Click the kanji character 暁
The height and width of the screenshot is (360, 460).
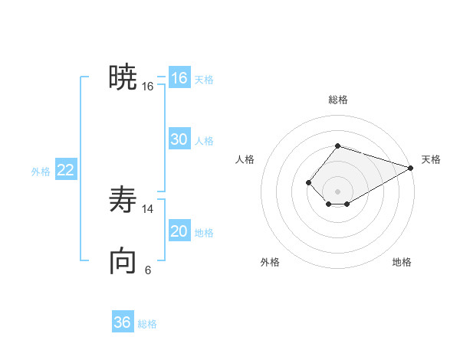pyautogui.click(x=123, y=77)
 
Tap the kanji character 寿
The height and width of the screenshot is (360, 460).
pyautogui.click(x=123, y=200)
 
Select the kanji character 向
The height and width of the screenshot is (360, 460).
pyautogui.click(x=123, y=261)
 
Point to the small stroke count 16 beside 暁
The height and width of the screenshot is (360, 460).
pyautogui.click(x=148, y=87)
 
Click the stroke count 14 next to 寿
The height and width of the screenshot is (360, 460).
pyautogui.click(x=148, y=209)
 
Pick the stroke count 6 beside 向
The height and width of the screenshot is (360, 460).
pyautogui.click(x=148, y=270)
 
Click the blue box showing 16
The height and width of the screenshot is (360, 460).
pyautogui.click(x=179, y=78)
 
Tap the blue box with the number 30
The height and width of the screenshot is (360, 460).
pyautogui.click(x=179, y=139)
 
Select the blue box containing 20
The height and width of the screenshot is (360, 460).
pyautogui.click(x=179, y=232)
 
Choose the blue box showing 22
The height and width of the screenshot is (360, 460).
pyautogui.click(x=65, y=171)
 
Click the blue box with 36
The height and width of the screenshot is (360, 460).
pyautogui.click(x=122, y=322)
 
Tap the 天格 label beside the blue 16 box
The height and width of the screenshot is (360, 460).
pyautogui.click(x=204, y=79)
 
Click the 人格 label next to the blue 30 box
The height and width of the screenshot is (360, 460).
pyautogui.click(x=204, y=140)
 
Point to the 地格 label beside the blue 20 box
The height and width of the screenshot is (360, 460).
pyautogui.click(x=204, y=233)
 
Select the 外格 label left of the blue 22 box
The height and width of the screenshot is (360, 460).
pyautogui.click(x=41, y=172)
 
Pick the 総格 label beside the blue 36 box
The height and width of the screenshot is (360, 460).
pyautogui.click(x=147, y=324)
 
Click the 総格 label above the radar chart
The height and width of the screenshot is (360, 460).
pyautogui.click(x=338, y=100)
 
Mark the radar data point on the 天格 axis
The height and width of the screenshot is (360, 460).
pyautogui.click(x=410, y=168)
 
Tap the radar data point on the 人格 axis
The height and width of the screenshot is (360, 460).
pyautogui.click(x=308, y=182)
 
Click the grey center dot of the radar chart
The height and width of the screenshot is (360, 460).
pyautogui.click(x=338, y=191)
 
